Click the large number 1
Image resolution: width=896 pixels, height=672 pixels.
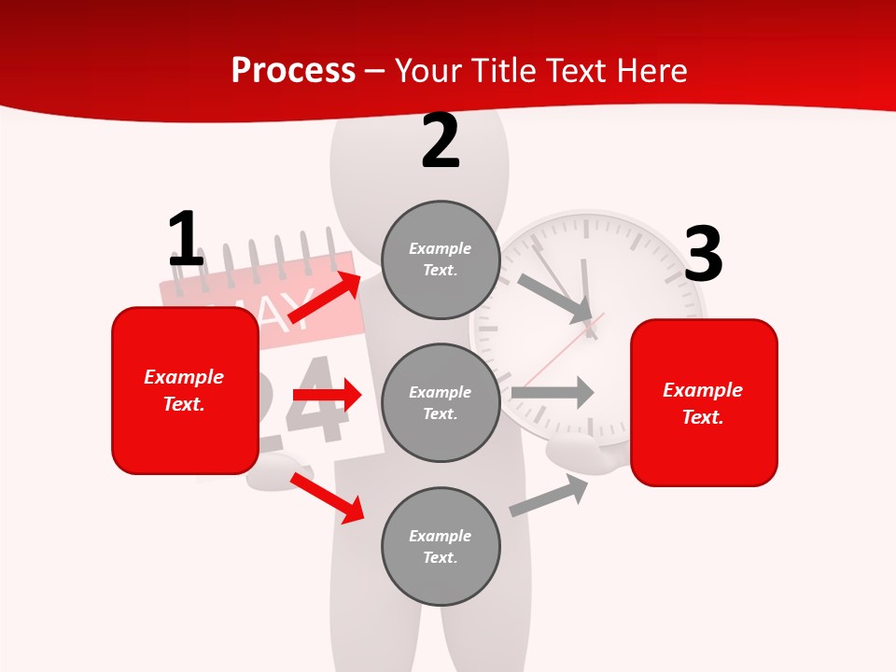(186, 240)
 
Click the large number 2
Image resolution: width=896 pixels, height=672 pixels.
(441, 142)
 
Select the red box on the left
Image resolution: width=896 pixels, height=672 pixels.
(185, 390)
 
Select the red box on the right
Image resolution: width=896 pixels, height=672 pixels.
(704, 403)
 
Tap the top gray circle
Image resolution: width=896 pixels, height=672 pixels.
(441, 259)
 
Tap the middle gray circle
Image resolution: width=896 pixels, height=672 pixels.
(441, 403)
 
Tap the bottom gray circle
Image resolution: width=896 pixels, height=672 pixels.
(441, 547)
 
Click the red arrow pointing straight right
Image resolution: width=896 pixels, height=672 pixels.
(327, 395)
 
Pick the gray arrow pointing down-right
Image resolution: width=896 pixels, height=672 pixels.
(556, 299)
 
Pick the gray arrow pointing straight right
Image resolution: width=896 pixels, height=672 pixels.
(552, 392)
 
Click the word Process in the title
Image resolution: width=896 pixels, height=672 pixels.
(293, 70)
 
